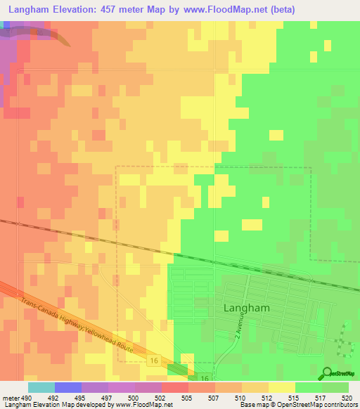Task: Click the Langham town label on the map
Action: [246, 308]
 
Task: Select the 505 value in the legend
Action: [188, 397]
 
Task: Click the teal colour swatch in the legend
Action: [41, 387]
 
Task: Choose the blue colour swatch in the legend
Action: [68, 387]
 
